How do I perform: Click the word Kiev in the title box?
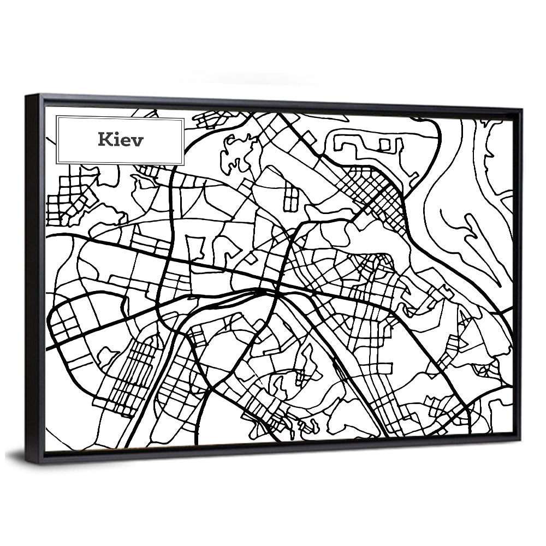(121, 140)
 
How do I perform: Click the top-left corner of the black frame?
(27, 96)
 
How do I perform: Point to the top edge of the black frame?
(273, 102)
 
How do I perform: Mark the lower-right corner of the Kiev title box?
(183, 163)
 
